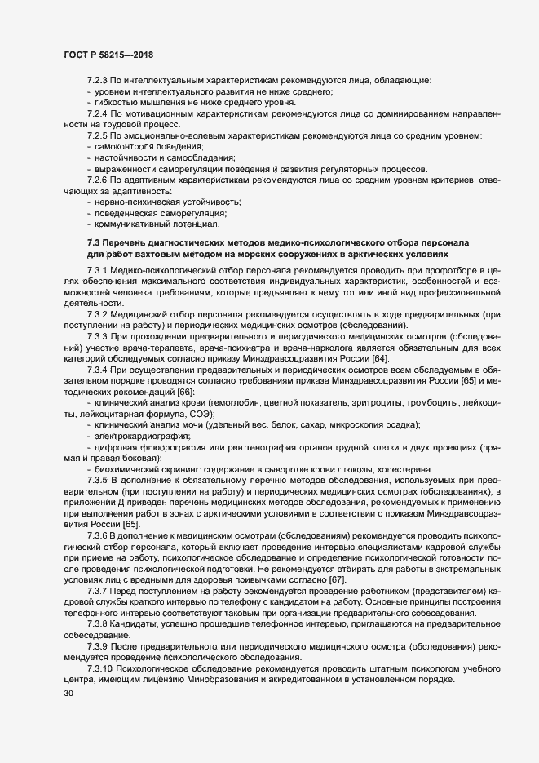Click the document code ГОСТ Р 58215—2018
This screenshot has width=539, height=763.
pos(108,55)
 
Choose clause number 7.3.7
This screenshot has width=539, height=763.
pos(99,613)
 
